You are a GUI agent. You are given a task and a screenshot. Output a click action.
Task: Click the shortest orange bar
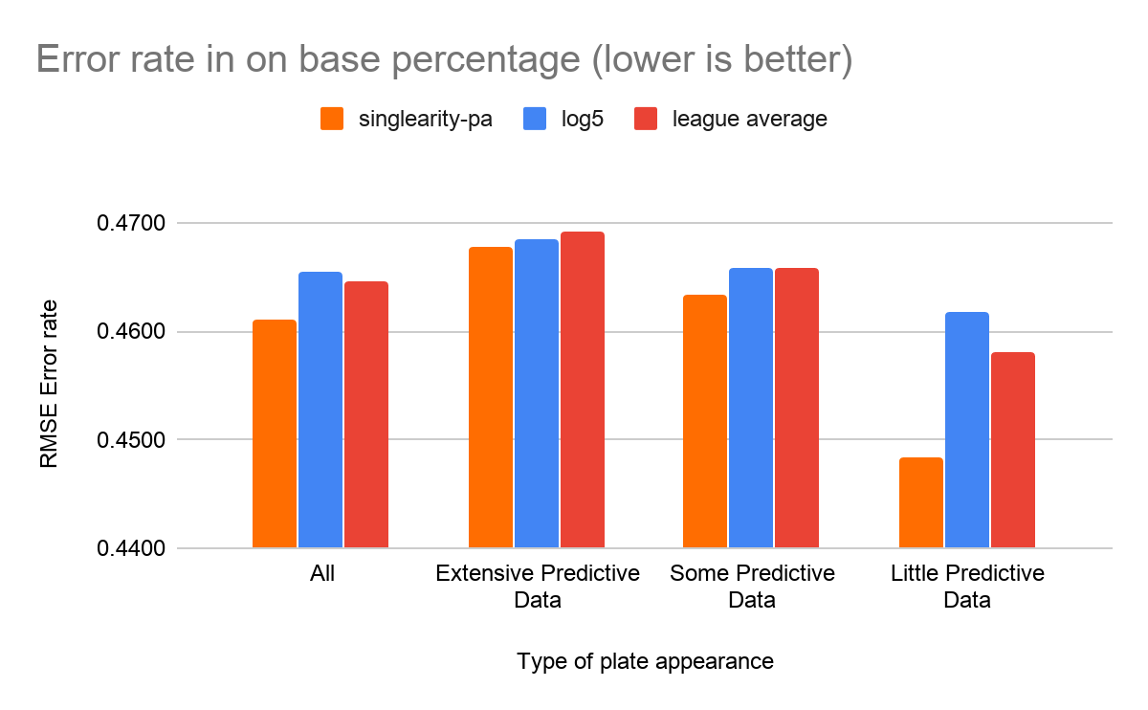(x=920, y=502)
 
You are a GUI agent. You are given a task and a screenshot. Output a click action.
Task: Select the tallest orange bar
(x=490, y=397)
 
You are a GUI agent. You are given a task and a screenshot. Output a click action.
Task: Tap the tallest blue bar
(x=536, y=393)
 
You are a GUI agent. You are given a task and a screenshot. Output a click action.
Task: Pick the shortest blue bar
(x=966, y=430)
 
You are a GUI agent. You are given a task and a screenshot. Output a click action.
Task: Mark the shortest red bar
(x=1012, y=450)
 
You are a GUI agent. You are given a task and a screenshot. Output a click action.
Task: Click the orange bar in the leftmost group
(x=274, y=433)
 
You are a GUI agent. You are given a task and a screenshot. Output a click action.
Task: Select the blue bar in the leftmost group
(x=320, y=410)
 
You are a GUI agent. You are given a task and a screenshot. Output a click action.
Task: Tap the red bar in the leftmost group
(x=365, y=414)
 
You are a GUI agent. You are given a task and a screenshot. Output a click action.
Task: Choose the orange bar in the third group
(x=704, y=421)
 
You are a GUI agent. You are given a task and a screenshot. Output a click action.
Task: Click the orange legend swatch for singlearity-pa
(x=332, y=119)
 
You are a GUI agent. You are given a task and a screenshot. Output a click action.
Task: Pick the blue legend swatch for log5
(x=534, y=119)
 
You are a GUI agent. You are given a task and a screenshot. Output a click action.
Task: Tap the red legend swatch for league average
(x=647, y=119)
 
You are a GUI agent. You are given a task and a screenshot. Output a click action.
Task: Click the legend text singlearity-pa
(x=425, y=120)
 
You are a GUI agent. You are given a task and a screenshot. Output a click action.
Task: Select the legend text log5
(x=584, y=120)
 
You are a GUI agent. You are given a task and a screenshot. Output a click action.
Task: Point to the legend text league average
(x=750, y=120)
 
